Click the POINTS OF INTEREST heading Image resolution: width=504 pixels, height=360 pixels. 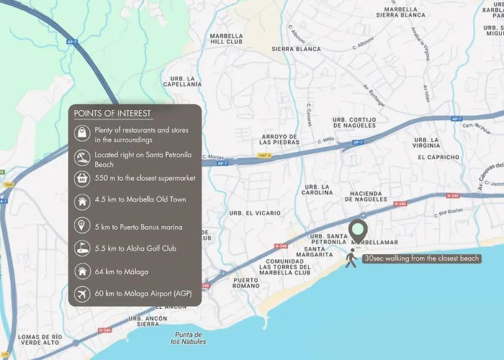click(x=112, y=114)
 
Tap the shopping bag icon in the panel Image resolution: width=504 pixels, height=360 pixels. click(x=81, y=134)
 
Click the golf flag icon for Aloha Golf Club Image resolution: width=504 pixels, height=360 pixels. click(x=81, y=248)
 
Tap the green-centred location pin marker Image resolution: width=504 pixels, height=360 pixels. click(x=359, y=231)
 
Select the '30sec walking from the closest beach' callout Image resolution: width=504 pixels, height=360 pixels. click(x=421, y=258)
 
